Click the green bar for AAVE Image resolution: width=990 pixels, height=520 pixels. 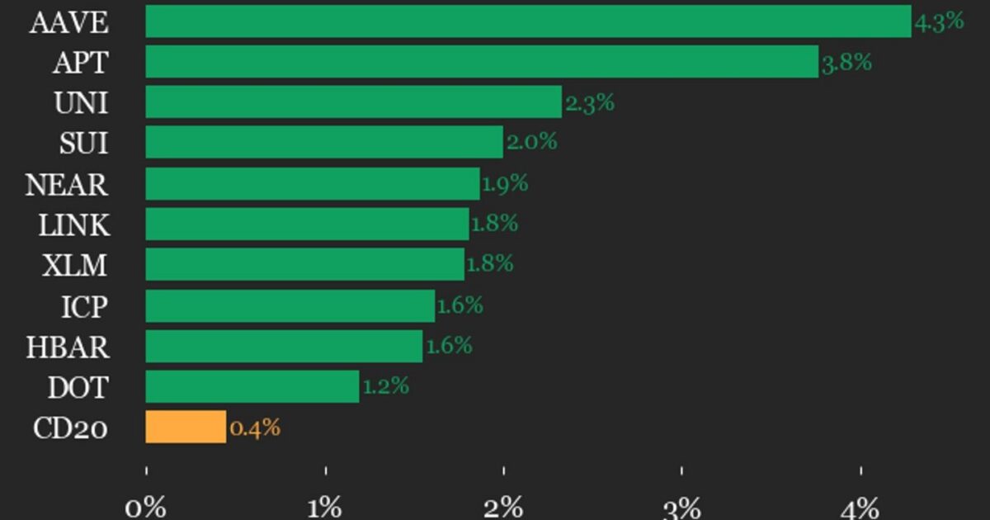(x=528, y=21)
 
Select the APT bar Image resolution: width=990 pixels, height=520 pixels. (x=482, y=62)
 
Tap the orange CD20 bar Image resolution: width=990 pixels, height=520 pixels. (x=186, y=428)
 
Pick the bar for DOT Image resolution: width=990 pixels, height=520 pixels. (x=252, y=386)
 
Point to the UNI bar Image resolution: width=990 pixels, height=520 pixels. (x=353, y=102)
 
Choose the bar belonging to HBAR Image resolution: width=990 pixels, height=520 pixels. (x=284, y=346)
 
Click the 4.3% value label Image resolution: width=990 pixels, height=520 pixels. (x=939, y=21)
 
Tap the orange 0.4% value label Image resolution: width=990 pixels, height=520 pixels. (x=255, y=428)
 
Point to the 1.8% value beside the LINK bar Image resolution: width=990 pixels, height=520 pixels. (x=494, y=223)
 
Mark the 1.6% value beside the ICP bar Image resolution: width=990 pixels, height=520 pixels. (x=460, y=305)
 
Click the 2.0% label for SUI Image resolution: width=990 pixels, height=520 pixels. (x=531, y=142)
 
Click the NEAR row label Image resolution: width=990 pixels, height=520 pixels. (x=67, y=184)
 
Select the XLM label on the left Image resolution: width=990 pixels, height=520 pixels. (x=75, y=265)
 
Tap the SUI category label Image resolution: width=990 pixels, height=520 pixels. (x=83, y=144)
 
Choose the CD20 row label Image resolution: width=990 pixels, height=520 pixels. (x=70, y=428)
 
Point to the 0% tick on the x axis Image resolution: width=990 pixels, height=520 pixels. (x=146, y=507)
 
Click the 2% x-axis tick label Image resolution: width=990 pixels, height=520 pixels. (x=503, y=507)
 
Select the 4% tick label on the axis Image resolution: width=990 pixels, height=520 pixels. (x=860, y=507)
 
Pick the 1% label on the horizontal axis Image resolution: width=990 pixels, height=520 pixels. (x=325, y=507)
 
